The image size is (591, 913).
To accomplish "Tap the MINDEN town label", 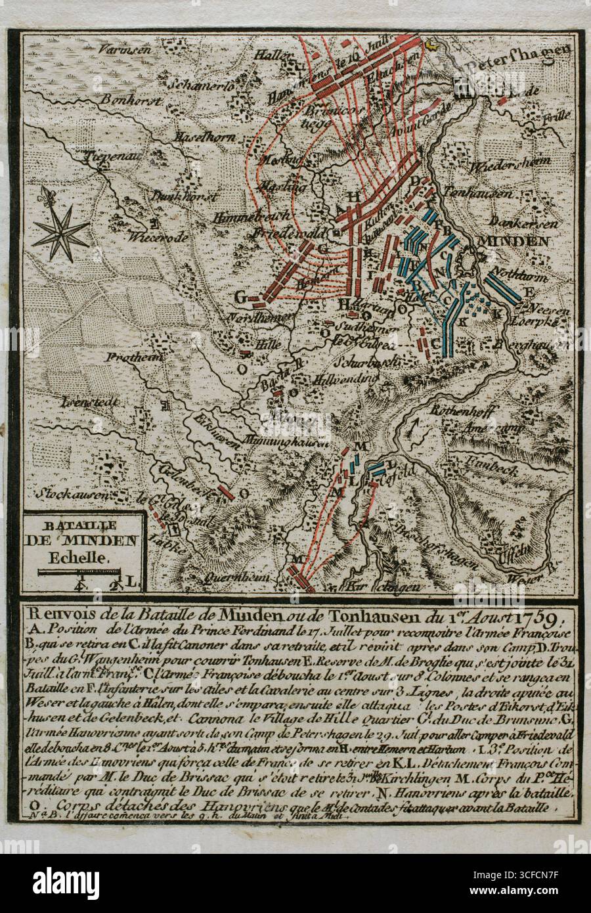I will pyautogui.click(x=515, y=241).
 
